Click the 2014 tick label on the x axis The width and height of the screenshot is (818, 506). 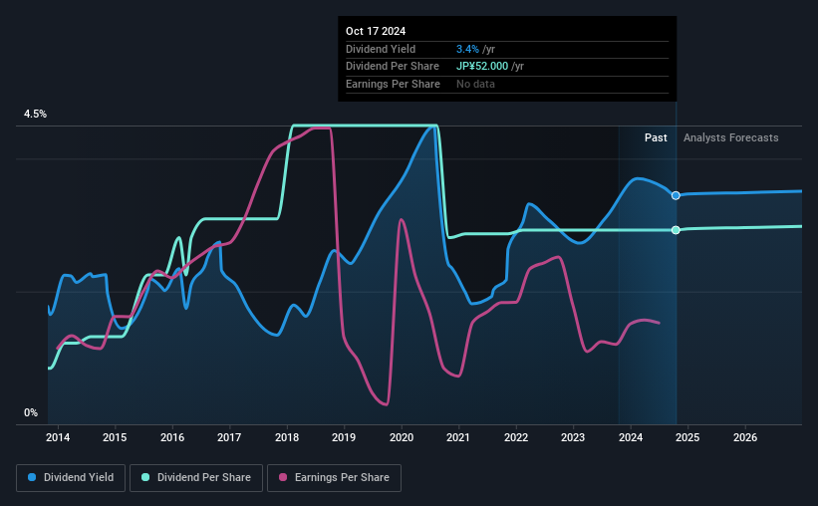58,437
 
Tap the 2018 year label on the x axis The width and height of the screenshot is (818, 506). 287,437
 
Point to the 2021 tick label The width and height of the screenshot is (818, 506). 458,437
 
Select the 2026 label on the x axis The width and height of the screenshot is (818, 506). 745,437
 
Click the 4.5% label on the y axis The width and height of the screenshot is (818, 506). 35,115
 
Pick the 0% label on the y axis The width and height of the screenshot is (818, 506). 31,412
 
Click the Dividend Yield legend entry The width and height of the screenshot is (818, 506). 71,478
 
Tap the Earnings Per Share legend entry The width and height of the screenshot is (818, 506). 334,478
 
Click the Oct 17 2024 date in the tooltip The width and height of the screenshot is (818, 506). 378,31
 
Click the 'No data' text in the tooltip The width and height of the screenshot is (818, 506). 475,84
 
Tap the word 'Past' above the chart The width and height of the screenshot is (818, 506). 656,137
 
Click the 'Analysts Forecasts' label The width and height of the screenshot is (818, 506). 731,137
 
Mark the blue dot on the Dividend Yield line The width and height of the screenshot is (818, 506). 677,195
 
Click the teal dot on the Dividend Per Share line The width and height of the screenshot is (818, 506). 677,230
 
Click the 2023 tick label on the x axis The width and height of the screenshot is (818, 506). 573,437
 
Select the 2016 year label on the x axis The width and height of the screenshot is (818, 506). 172,437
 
